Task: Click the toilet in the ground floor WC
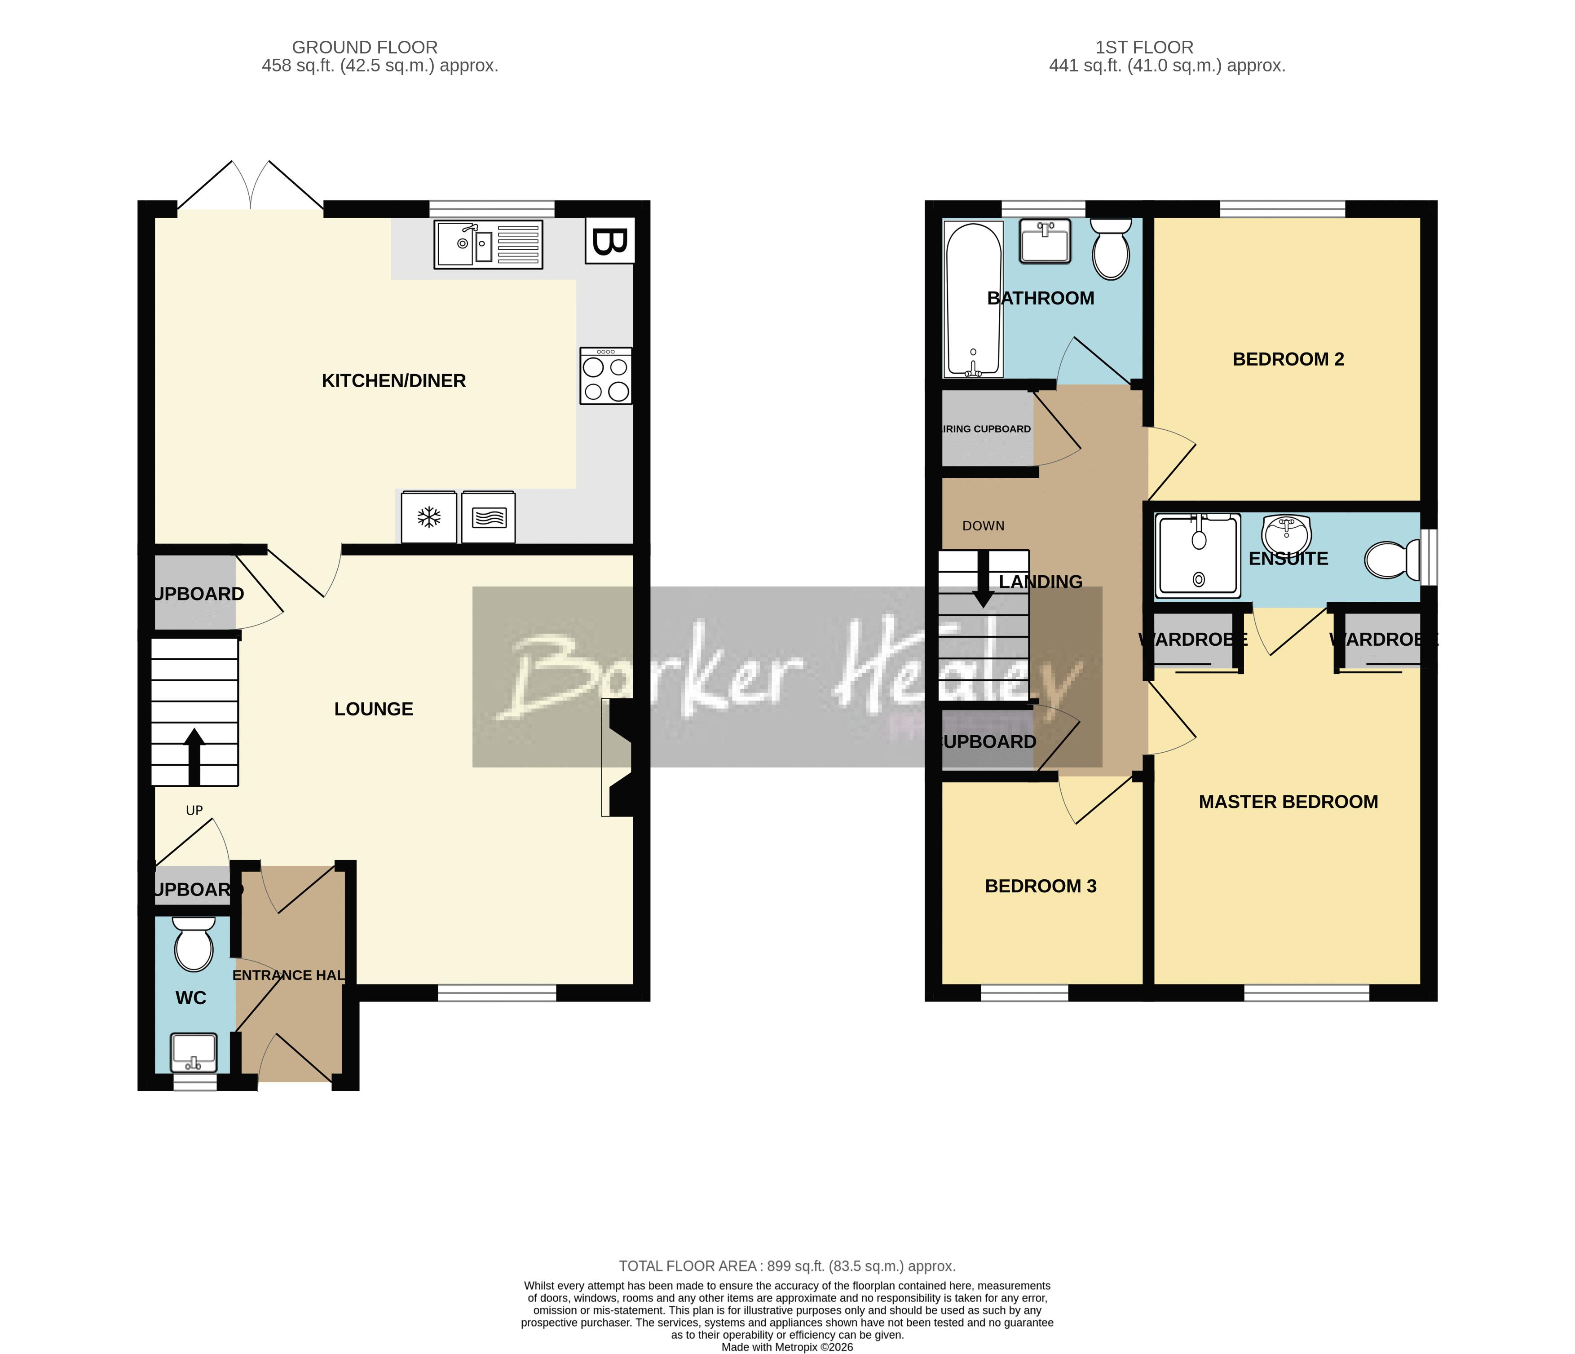click(x=194, y=945)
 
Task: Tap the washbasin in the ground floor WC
click(x=194, y=1051)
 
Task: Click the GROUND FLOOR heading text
click(x=365, y=47)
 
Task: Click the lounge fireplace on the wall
click(x=619, y=757)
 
